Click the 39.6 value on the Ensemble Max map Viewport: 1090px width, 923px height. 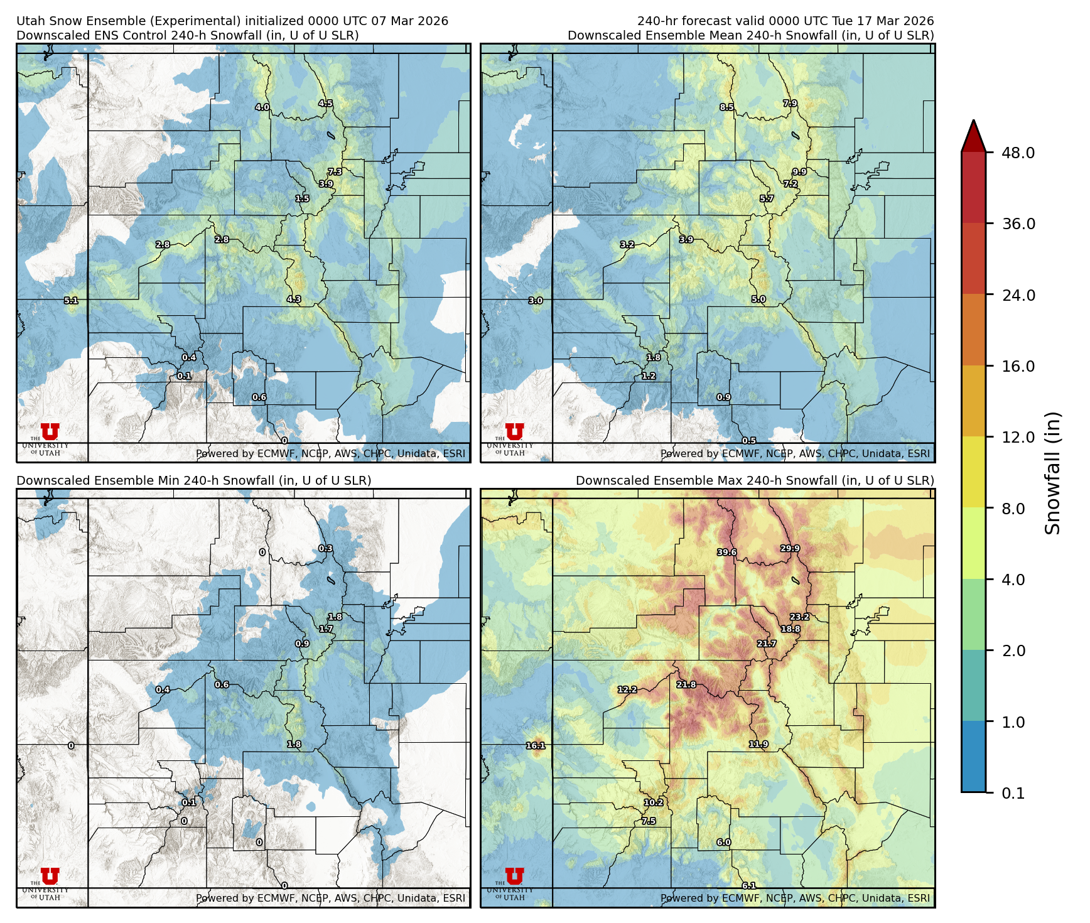(x=726, y=553)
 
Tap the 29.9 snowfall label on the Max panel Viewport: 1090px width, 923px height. (x=790, y=548)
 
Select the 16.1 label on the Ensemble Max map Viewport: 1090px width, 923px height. (x=536, y=745)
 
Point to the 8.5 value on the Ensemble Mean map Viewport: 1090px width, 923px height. (x=726, y=107)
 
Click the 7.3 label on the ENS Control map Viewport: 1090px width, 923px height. (x=335, y=171)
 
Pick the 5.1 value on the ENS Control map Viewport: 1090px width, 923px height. (x=71, y=301)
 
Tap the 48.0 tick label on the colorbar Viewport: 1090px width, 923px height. (x=1018, y=153)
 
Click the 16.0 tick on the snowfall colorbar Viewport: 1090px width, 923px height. (x=1018, y=366)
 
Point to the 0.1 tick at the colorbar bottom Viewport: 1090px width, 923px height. (x=1013, y=793)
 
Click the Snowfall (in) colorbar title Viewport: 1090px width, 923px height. (x=1052, y=472)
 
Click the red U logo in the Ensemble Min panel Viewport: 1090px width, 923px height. (x=50, y=876)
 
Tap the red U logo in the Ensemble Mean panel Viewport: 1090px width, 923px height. (x=514, y=431)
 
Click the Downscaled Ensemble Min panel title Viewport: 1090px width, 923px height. (x=193, y=480)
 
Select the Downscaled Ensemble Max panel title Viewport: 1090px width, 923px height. (x=754, y=480)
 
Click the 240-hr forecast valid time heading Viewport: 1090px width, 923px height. (x=785, y=21)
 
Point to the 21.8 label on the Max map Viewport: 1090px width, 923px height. (x=686, y=684)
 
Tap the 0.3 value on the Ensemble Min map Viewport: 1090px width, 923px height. (x=325, y=548)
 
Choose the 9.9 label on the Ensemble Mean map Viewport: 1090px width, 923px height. (x=799, y=171)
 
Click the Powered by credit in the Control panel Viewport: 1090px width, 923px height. (x=330, y=453)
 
